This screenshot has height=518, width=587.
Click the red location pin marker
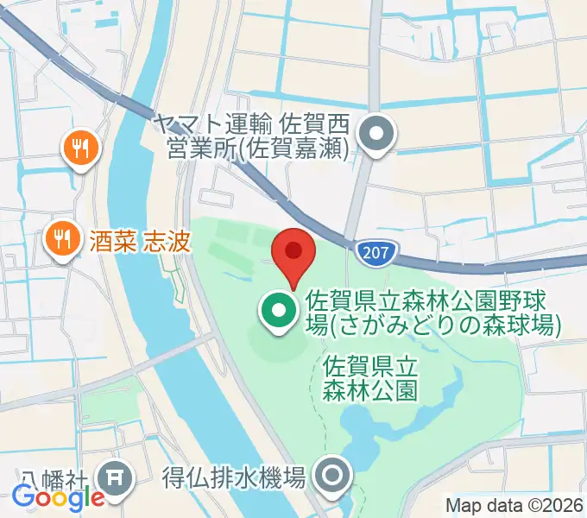[x=293, y=252]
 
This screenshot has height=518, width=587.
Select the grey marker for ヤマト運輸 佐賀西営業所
[x=376, y=136]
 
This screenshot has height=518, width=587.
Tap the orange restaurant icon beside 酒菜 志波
[x=61, y=238]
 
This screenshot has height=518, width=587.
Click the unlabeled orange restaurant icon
[x=81, y=148]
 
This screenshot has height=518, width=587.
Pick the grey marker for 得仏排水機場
[x=332, y=476]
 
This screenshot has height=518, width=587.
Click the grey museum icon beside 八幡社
[x=115, y=477]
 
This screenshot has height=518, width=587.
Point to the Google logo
[x=57, y=498]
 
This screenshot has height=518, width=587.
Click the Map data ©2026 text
[x=514, y=505]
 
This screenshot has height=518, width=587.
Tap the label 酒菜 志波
[x=139, y=239]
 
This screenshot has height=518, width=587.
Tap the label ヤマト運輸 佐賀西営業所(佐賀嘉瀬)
[x=250, y=136]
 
